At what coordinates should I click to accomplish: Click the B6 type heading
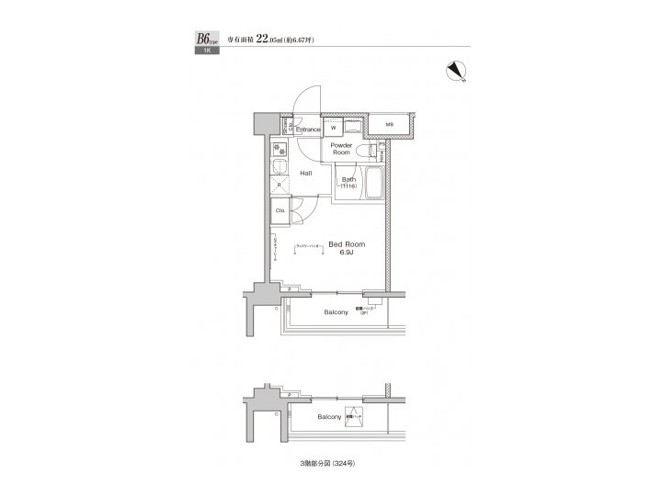[203, 39]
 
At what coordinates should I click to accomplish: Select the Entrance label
[307, 130]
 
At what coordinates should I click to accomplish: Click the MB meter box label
[390, 124]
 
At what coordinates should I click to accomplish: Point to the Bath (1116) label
[349, 182]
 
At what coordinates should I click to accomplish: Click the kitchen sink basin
[277, 167]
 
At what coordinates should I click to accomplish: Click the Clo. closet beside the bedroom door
[280, 210]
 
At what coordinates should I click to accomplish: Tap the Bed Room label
[347, 244]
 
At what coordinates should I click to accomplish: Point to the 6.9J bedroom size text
[347, 253]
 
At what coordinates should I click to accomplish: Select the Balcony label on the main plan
[336, 312]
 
